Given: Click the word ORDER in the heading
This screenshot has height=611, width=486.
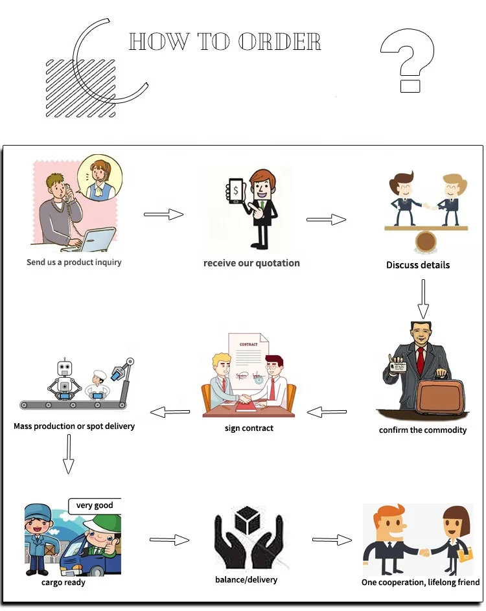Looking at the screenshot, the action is click(279, 42).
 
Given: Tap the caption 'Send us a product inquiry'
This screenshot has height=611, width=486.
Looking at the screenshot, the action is click(74, 262).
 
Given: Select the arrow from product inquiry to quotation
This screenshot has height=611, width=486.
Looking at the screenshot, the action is click(163, 214).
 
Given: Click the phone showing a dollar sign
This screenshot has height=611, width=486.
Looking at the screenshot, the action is click(236, 190).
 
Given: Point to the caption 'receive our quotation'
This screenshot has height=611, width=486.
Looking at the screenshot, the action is click(251, 263).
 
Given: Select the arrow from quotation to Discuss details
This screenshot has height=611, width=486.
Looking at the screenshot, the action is click(326, 220).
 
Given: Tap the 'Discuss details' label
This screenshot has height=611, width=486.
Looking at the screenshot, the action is click(418, 265).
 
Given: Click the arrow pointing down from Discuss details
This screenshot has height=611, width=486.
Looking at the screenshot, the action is click(422, 298).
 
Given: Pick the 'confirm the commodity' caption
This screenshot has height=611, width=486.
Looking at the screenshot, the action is click(422, 430).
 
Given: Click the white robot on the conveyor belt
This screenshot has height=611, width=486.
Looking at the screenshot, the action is click(64, 379).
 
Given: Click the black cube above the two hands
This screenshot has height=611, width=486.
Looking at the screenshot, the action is click(248, 518).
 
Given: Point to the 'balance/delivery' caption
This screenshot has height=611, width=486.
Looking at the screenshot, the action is click(246, 579).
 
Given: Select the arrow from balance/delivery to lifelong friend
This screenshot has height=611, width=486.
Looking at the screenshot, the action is click(332, 539).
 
